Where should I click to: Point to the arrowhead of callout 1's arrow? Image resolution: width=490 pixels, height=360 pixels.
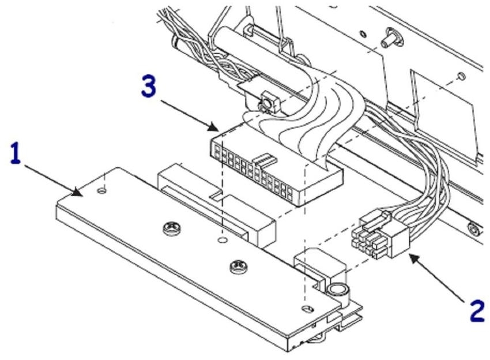tap(82, 194)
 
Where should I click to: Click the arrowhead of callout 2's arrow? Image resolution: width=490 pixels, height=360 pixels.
tap(408, 254)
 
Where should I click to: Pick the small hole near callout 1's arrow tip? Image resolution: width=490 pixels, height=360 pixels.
tap(103, 189)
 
